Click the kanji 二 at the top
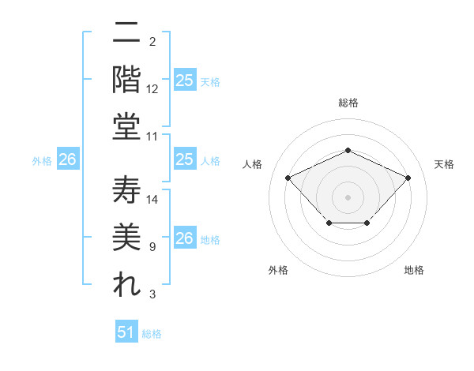click(x=126, y=33)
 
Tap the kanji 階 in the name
click(x=126, y=79)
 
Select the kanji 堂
click(x=126, y=126)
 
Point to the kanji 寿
click(x=126, y=191)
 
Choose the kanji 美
click(x=126, y=238)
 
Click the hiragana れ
click(x=126, y=286)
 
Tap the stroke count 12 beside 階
click(x=152, y=89)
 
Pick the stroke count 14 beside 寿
click(x=152, y=200)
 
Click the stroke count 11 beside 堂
click(x=152, y=137)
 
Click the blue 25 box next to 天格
click(x=184, y=81)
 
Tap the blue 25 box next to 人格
click(x=184, y=159)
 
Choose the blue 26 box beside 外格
click(x=68, y=159)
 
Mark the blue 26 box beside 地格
click(x=184, y=238)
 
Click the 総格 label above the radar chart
click(x=348, y=103)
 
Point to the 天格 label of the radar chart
click(x=444, y=164)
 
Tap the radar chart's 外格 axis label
click(x=278, y=270)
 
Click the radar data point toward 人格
click(x=288, y=178)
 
